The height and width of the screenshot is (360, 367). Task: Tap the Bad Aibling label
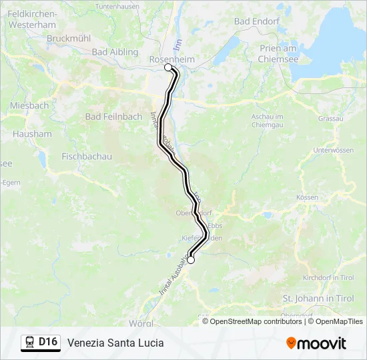point(114,52)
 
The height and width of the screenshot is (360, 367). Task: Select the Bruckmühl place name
point(68,39)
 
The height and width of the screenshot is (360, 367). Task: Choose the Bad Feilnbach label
point(113,117)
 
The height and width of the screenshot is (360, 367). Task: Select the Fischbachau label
point(86,157)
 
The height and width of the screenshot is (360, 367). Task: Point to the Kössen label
point(308,198)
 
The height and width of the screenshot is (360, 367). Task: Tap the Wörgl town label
point(141,323)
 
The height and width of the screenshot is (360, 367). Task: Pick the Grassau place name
point(330,118)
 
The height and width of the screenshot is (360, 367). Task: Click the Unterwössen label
point(332,151)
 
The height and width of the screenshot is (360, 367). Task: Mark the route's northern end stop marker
point(168,67)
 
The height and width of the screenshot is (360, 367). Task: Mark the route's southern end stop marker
point(191,260)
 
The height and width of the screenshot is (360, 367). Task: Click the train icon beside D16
point(29,343)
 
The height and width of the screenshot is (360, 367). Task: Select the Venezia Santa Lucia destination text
point(115,343)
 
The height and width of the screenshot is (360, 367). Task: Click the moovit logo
point(316,343)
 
